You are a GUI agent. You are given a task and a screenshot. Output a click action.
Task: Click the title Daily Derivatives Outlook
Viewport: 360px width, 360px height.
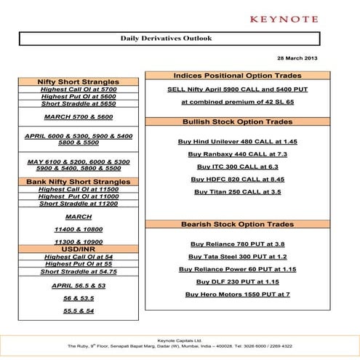coord(166,39)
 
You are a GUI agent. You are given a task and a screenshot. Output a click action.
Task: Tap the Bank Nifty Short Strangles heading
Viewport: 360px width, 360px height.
coord(78,181)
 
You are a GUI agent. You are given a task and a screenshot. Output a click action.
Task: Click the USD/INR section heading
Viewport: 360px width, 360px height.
coord(78,249)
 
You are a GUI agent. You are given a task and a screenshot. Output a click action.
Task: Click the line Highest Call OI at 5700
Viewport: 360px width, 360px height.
coord(78,89)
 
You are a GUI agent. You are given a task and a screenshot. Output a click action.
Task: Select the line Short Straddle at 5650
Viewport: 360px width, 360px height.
coord(78,104)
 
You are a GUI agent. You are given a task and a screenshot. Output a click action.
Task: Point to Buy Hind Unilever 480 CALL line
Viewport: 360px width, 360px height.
coord(237,141)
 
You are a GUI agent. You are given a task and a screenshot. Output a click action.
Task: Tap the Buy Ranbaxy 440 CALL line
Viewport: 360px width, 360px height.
coord(237,154)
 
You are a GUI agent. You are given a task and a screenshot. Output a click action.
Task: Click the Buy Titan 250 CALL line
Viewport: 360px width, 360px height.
coord(237,192)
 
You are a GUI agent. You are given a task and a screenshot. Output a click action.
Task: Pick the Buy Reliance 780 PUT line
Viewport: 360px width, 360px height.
coord(237,244)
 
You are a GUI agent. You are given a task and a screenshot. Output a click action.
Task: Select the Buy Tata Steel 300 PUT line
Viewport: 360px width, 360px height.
coord(237,257)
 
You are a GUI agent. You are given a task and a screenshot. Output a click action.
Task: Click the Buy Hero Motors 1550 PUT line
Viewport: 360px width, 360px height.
coord(237,294)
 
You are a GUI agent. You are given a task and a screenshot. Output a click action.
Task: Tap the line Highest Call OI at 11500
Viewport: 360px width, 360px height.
coord(78,189)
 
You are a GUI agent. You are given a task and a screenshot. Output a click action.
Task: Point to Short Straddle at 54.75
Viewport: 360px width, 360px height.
coord(78,271)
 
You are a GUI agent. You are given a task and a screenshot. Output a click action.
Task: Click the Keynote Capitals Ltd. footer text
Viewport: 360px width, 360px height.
coord(180,340)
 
